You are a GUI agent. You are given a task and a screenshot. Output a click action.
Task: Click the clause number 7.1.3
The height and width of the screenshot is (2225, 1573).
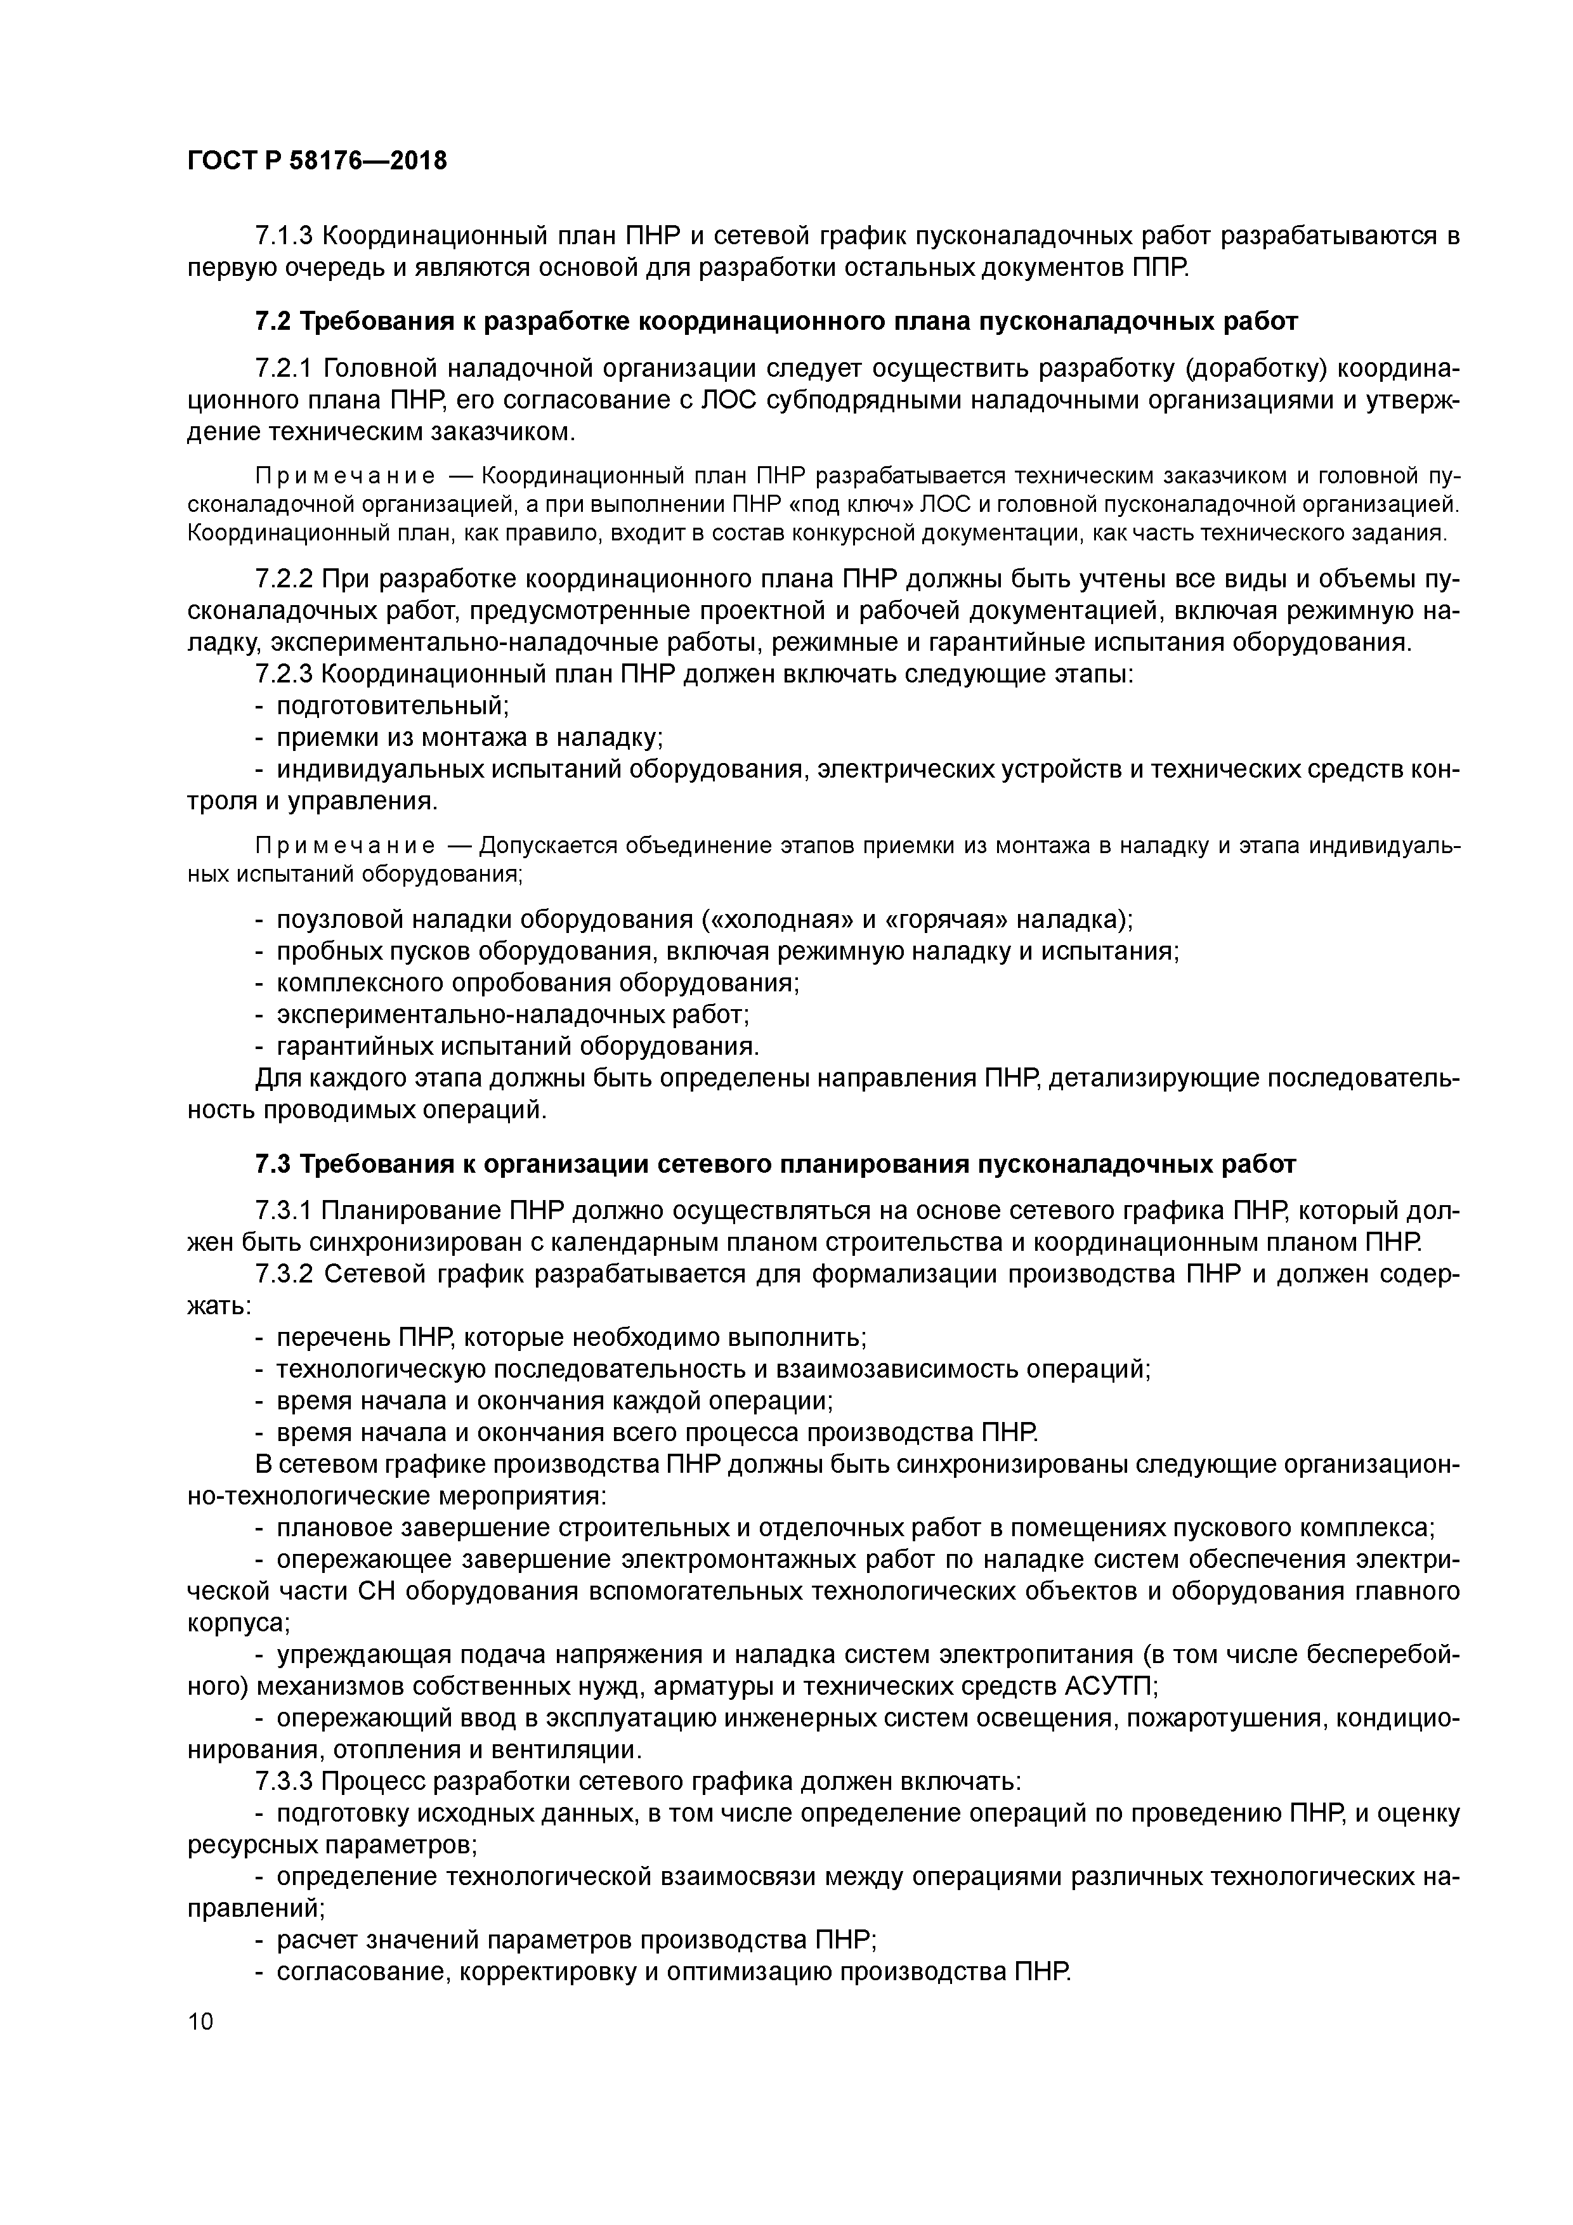283,235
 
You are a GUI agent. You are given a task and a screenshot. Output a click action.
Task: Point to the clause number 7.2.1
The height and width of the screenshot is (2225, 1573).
283,369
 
